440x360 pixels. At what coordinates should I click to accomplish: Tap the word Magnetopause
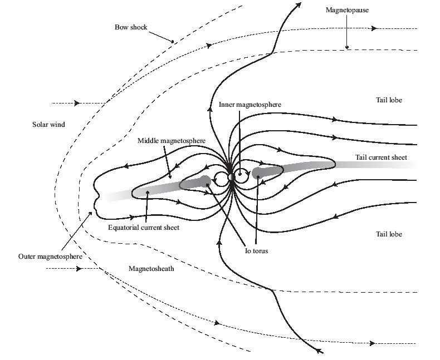(348, 10)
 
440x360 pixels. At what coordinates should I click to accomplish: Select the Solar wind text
(48, 125)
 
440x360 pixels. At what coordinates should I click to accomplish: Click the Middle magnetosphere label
(170, 141)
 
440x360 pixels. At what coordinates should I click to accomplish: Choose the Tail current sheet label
(381, 157)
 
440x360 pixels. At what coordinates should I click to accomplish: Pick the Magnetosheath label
(151, 268)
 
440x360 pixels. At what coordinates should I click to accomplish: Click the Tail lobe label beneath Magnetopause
(388, 100)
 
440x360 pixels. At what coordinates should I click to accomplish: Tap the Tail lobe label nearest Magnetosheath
(388, 234)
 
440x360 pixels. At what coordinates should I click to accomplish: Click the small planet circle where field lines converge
(232, 177)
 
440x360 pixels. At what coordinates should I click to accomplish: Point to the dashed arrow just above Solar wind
(77, 103)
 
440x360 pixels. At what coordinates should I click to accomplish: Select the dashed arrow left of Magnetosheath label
(79, 268)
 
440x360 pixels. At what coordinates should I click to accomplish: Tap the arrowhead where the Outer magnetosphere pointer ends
(92, 212)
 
